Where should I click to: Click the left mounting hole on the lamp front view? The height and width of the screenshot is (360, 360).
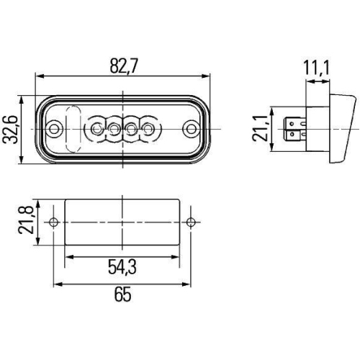pyautogui.click(x=56, y=130)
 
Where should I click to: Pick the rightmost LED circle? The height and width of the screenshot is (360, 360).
pyautogui.click(x=148, y=130)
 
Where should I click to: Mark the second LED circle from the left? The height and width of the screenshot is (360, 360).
pyautogui.click(x=114, y=130)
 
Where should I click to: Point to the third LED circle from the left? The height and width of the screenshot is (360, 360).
pyautogui.click(x=132, y=130)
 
